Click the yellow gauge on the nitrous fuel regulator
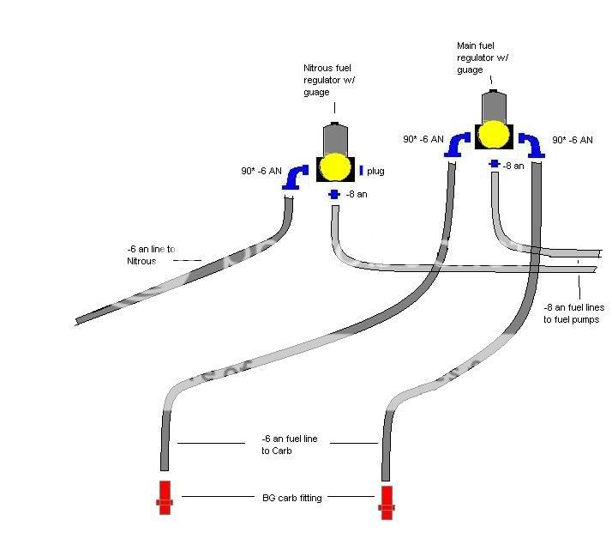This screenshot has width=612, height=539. (x=335, y=167)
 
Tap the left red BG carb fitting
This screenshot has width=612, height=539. (x=165, y=496)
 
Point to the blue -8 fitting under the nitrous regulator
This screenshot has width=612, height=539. (x=334, y=195)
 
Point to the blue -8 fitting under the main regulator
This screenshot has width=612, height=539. (x=495, y=163)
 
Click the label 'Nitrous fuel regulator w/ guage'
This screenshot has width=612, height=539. (x=327, y=79)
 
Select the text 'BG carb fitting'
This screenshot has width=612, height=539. (x=291, y=497)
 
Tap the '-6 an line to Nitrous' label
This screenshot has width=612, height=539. (x=150, y=255)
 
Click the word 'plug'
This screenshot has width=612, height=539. (x=375, y=172)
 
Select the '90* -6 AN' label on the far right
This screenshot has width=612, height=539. (x=570, y=141)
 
